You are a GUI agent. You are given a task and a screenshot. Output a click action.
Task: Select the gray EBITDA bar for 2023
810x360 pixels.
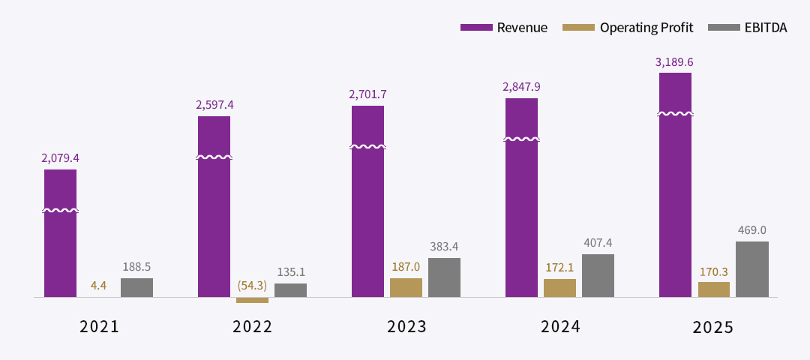[444, 277]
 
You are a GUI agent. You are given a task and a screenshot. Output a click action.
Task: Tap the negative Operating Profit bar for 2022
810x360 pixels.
[252, 300]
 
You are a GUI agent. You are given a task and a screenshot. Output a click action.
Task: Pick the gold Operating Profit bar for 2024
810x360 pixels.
[559, 288]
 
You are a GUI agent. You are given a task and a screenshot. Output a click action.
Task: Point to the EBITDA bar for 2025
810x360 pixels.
[752, 269]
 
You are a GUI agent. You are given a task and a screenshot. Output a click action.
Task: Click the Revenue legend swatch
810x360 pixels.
[475, 27]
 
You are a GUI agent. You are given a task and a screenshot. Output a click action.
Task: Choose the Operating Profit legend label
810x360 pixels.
[646, 27]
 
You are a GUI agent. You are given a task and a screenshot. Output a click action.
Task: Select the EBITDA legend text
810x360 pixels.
[766, 27]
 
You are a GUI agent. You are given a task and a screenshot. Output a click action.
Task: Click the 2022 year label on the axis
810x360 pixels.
[252, 327]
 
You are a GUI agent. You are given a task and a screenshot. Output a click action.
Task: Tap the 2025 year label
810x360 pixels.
[713, 328]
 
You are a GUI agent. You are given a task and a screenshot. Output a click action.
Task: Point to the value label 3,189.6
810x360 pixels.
[673, 62]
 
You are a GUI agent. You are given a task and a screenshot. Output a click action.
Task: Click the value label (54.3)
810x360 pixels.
[252, 285]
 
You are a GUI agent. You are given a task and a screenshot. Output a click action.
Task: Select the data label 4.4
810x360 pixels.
[98, 285]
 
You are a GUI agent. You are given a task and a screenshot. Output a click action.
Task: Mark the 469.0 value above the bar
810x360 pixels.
[751, 230]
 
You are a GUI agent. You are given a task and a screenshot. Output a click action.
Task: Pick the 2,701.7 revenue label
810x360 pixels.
[367, 94]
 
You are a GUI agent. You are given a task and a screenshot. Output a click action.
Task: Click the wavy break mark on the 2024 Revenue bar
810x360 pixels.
[521, 139]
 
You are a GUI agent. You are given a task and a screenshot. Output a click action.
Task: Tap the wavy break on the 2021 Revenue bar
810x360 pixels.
[60, 210]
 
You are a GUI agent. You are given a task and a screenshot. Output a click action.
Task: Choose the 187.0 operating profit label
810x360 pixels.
[406, 266]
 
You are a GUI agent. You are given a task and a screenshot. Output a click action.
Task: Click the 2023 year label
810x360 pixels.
[406, 327]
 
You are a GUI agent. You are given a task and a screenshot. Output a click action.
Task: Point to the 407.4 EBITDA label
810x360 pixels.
[598, 243]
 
